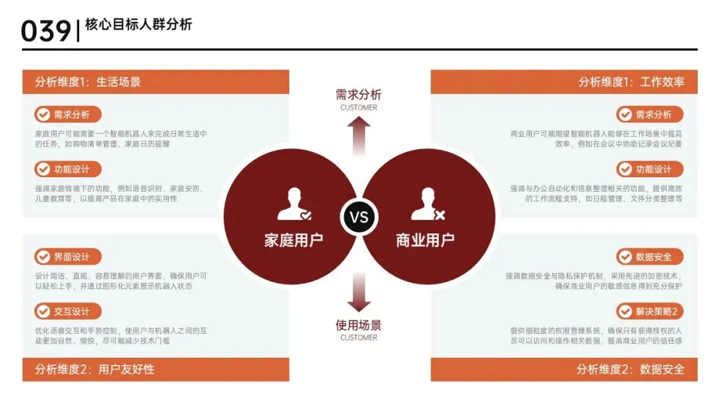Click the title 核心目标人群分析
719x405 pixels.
[x=138, y=25]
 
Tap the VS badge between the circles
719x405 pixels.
[x=359, y=217]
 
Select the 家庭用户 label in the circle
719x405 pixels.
[x=294, y=240]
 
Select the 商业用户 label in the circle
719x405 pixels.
[x=425, y=240]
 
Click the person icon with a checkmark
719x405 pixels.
[x=294, y=205]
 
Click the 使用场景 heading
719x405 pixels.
[x=359, y=325]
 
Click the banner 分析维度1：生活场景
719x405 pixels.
[x=156, y=82]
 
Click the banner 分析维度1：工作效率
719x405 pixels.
[x=564, y=82]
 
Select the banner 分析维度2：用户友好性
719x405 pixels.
[x=156, y=369]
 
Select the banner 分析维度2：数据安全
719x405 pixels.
[x=564, y=369]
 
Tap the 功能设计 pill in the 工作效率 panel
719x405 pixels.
[x=649, y=169]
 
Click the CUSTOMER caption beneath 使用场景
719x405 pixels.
[x=359, y=338]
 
